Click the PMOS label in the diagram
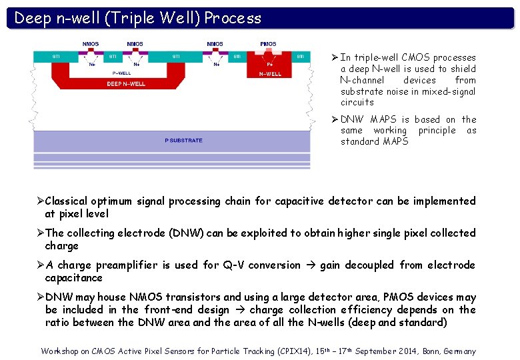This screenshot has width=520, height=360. pos(268,44)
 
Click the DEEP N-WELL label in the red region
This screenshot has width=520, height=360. pos(127,84)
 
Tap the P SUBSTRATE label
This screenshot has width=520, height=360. pos(183,141)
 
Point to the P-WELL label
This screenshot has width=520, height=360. pos(121,73)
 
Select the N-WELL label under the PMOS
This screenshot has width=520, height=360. pos(270,74)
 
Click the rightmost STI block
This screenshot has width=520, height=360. pos(301,57)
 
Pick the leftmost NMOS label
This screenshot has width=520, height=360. pos(91,44)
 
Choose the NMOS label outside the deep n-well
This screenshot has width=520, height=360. pos(215,44)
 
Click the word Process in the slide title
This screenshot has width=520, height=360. pos(233,18)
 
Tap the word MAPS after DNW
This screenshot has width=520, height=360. pos(383,119)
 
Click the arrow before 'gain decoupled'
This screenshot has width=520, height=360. pos(310,265)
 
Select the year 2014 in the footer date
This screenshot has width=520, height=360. pos(399,351)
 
